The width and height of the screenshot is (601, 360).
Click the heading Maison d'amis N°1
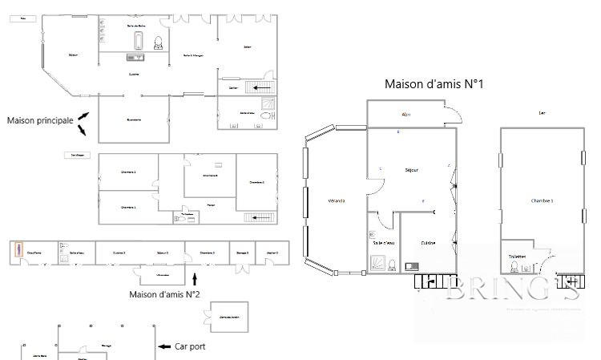coord(434,83)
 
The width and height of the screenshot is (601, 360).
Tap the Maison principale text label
coord(39,120)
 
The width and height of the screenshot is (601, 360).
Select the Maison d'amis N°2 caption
coord(164,294)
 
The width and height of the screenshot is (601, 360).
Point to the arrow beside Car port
coord(163,346)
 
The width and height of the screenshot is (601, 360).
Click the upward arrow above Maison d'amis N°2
coord(196,278)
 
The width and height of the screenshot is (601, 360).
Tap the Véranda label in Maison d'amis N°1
coord(337,200)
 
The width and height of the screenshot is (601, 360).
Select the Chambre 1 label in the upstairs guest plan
coord(543,200)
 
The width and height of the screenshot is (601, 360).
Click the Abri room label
coord(406,115)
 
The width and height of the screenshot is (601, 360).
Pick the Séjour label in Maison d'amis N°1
coord(412,170)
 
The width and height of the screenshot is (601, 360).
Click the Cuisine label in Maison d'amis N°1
coord(429,243)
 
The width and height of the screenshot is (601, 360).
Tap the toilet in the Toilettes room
coord(514,266)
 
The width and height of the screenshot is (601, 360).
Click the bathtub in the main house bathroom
coord(139,42)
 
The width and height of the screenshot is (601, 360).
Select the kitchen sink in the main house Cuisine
coord(134,57)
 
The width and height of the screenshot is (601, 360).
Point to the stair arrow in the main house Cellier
coord(261,87)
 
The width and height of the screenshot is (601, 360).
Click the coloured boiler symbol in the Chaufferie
coord(18,252)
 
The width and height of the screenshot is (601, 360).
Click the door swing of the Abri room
coord(453,114)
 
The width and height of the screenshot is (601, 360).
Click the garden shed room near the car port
coord(230,317)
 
